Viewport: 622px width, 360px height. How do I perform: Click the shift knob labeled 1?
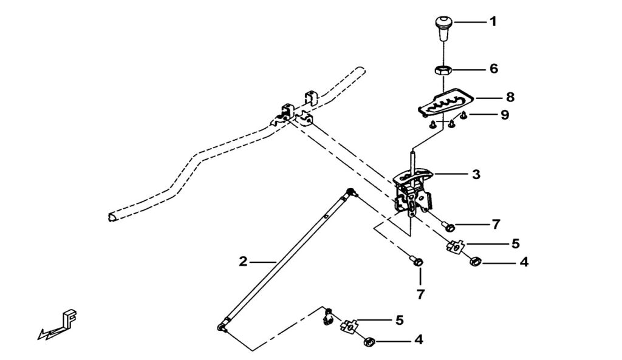[x=442, y=27]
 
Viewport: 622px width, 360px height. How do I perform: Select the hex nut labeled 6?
[x=442, y=70]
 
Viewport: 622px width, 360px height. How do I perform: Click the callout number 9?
[x=505, y=114]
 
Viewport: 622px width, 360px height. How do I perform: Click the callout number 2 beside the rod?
[x=243, y=262]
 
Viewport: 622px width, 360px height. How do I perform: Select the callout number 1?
[x=493, y=22]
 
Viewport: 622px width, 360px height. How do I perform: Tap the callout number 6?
[x=493, y=69]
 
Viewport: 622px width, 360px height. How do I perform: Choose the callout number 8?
[x=510, y=97]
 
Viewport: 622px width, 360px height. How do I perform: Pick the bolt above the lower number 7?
[x=417, y=261]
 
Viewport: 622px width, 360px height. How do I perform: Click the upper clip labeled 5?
[x=456, y=246]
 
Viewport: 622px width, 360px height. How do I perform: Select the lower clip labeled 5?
[x=349, y=327]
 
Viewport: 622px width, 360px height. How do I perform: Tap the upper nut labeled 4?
[x=475, y=262]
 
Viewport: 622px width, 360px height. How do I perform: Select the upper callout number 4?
[x=524, y=263]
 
